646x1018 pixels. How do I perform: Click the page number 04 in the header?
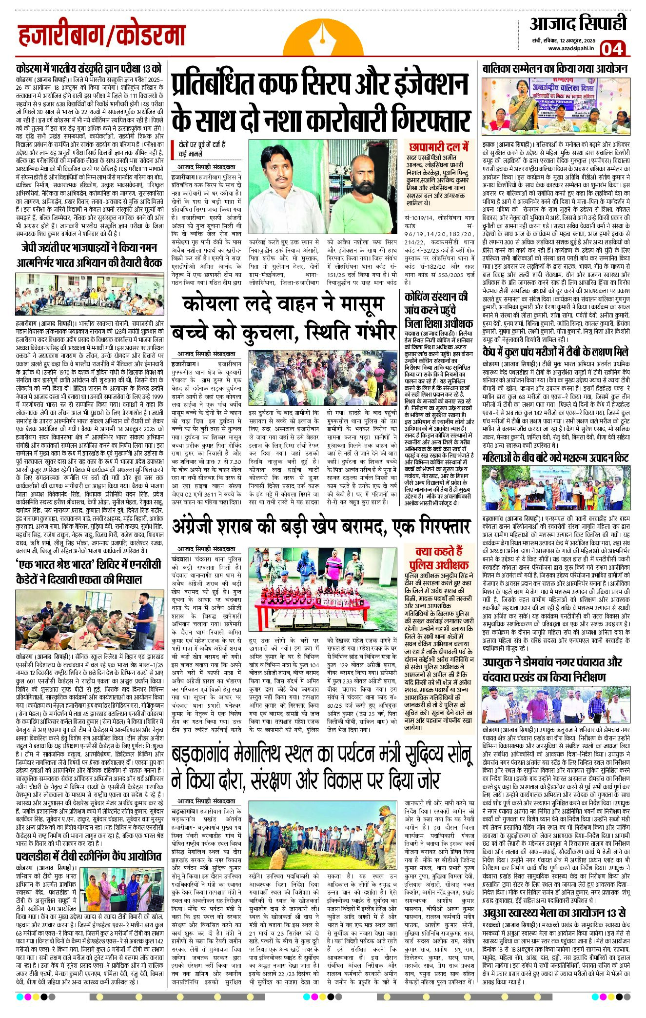pyautogui.click(x=612, y=49)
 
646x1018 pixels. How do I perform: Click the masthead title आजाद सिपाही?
pyautogui.click(x=578, y=23)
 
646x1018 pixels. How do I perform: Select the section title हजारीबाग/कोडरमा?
pyautogui.click(x=101, y=36)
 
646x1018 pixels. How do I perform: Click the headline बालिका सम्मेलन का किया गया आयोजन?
pyautogui.click(x=555, y=69)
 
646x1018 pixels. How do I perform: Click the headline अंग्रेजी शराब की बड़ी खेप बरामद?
pyautogui.click(x=321, y=527)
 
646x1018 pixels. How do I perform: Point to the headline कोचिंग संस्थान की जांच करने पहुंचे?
pyautogui.click(x=438, y=309)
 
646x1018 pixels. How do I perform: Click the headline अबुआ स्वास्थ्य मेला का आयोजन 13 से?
pyautogui.click(x=554, y=913)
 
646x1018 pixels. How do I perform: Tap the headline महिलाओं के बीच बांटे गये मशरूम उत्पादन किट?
pyautogui.click(x=555, y=458)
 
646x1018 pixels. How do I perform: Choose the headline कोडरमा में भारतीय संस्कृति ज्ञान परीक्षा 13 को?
pyautogui.click(x=88, y=68)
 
